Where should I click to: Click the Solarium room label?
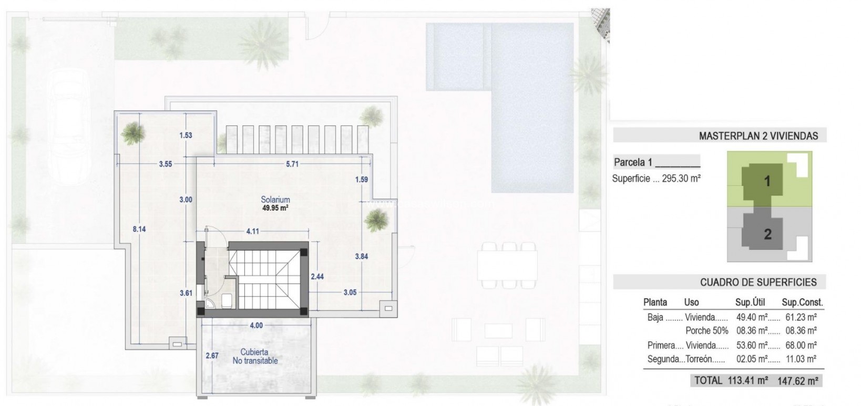(275, 200)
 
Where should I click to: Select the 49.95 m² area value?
(275, 208)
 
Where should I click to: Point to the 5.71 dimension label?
(292, 164)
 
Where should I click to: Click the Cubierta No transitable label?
(255, 357)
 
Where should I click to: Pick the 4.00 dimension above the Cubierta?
(256, 326)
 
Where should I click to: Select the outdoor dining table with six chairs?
(507, 265)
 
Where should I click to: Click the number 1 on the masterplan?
(767, 182)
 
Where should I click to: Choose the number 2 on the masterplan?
(767, 234)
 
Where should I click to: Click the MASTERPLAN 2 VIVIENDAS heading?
(758, 136)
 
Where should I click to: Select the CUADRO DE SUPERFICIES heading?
(758, 282)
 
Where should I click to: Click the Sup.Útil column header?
(750, 302)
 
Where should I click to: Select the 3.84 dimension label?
(361, 257)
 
